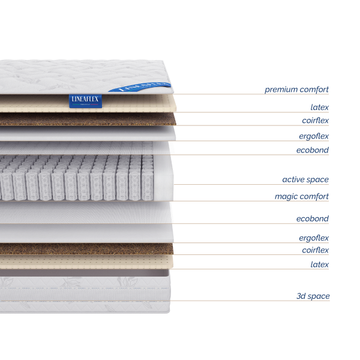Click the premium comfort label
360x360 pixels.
click(297, 90)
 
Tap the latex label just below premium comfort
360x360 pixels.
click(319, 108)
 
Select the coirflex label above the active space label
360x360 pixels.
click(315, 121)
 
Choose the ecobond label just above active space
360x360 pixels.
click(313, 150)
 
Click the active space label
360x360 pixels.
click(305, 179)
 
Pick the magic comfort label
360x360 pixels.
click(302, 196)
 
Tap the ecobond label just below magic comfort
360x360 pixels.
click(313, 218)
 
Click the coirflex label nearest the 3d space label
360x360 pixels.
click(315, 250)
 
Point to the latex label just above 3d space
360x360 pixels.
click(319, 265)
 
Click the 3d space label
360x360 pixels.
click(313, 296)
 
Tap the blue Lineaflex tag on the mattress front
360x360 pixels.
click(85, 101)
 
